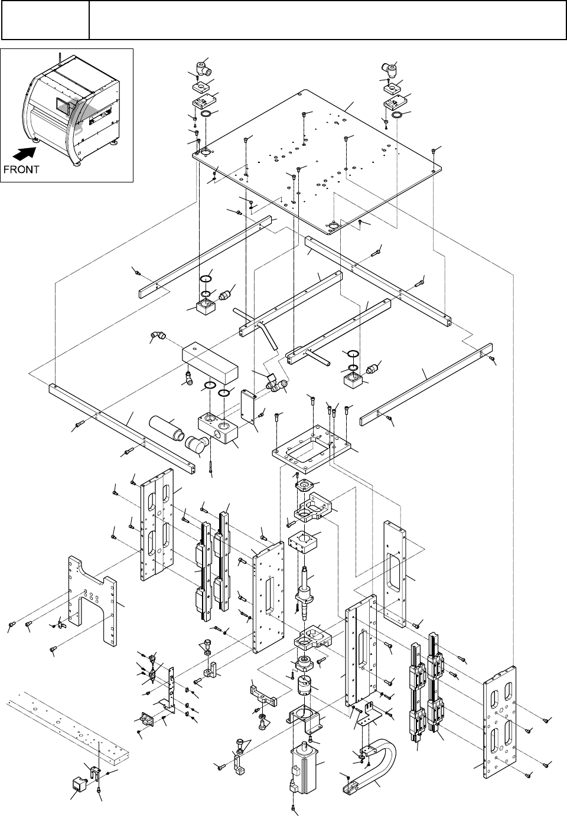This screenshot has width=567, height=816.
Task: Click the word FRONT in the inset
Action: tap(21, 169)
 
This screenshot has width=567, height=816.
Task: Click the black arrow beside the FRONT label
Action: tap(24, 154)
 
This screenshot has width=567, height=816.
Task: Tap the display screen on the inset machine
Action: tap(62, 105)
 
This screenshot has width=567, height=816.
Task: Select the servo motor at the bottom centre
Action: tap(303, 765)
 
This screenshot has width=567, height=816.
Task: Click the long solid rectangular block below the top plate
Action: tap(210, 363)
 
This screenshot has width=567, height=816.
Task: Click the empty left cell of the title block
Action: tap(45, 19)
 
